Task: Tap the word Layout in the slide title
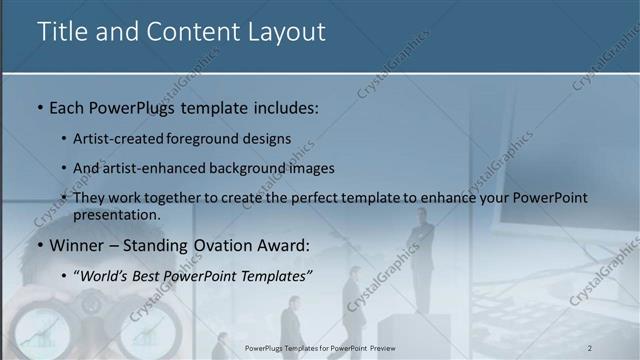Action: pyautogui.click(x=286, y=32)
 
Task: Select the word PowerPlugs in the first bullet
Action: pyautogui.click(x=125, y=106)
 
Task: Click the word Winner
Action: pyautogui.click(x=77, y=243)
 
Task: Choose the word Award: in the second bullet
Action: pyautogui.click(x=286, y=243)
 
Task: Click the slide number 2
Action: pyautogui.click(x=590, y=347)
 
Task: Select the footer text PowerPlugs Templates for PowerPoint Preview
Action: pyautogui.click(x=319, y=347)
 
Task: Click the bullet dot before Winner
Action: pyautogui.click(x=39, y=244)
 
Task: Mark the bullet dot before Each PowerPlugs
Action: pyautogui.click(x=39, y=107)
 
